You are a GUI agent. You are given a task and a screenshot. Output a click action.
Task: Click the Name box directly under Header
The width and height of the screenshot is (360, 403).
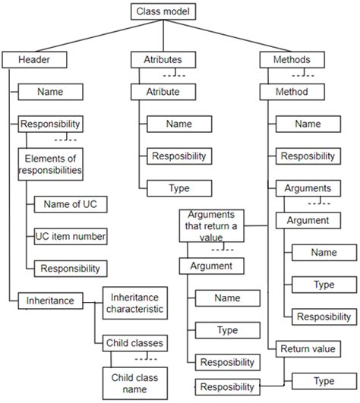pyautogui.click(x=50, y=92)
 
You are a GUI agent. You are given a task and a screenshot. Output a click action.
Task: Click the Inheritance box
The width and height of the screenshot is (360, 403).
pyautogui.click(x=51, y=301)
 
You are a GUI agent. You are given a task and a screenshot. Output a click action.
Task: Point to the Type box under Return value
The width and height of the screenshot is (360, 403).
pyautogui.click(x=324, y=380)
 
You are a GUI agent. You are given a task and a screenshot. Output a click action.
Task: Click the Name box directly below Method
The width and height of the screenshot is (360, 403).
pyautogui.click(x=308, y=124)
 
